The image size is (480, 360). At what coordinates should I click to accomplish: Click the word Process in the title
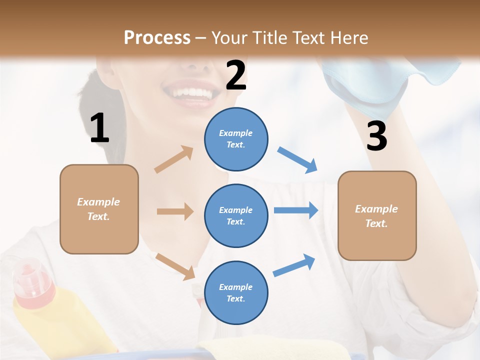pyautogui.click(x=157, y=38)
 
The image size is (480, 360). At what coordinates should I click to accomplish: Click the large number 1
pyautogui.click(x=99, y=128)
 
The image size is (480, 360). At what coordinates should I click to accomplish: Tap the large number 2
pyautogui.click(x=236, y=75)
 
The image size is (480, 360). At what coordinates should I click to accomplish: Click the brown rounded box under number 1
pyautogui.click(x=99, y=209)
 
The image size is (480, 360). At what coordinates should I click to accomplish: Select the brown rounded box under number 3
pyautogui.click(x=377, y=215)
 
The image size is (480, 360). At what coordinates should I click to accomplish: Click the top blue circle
pyautogui.click(x=236, y=139)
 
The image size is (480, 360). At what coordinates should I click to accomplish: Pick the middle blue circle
pyautogui.click(x=236, y=215)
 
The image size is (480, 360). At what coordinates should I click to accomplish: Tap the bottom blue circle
pyautogui.click(x=236, y=292)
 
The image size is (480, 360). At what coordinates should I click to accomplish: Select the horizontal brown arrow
pyautogui.click(x=174, y=211)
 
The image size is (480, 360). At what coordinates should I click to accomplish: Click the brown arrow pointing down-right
pyautogui.click(x=175, y=266)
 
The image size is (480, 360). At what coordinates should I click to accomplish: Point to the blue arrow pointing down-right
pyautogui.click(x=297, y=160)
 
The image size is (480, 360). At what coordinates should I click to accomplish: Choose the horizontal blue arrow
pyautogui.click(x=295, y=210)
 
